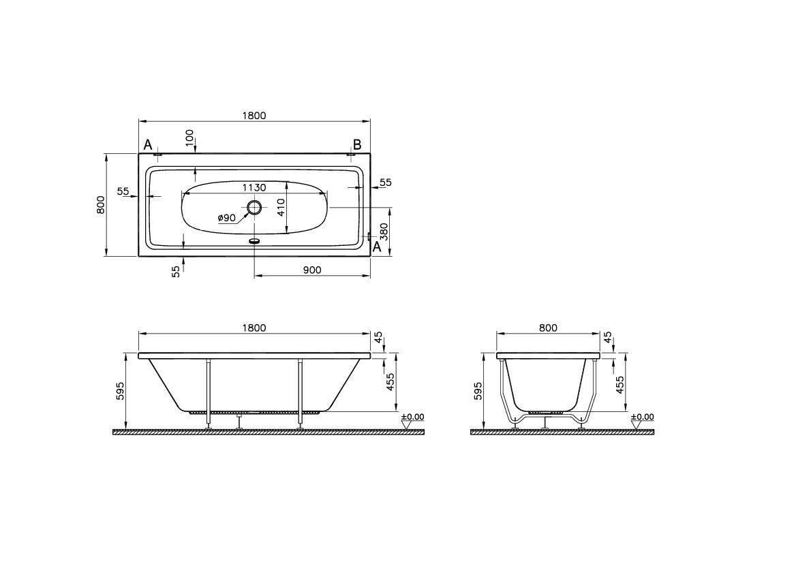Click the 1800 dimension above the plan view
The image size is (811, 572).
tap(254, 115)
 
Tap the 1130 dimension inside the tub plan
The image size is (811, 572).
tap(254, 187)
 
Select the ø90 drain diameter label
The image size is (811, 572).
tap(226, 217)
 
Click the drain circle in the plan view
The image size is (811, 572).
tap(254, 208)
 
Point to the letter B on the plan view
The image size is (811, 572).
tap(357, 144)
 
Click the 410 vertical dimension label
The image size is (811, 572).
tap(281, 207)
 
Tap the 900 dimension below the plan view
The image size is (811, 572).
tap(312, 270)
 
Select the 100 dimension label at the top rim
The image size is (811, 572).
tap(189, 137)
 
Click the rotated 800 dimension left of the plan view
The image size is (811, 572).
tap(101, 204)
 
